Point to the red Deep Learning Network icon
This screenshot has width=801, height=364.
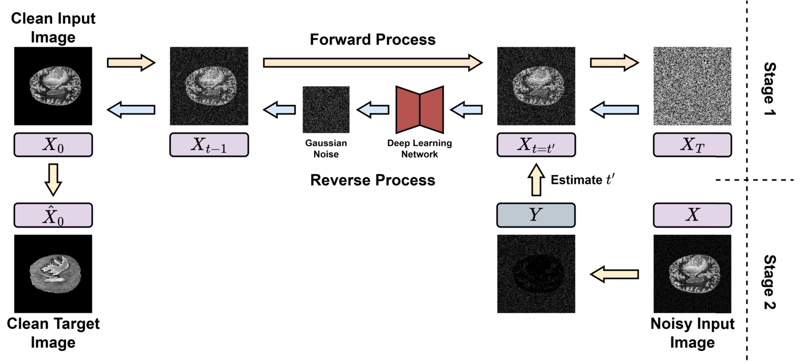[419, 109]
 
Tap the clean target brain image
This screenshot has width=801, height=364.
[53, 274]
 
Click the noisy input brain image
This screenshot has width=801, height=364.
[693, 274]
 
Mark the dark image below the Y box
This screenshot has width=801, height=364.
[536, 274]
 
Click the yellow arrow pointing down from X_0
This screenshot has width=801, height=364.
[53, 178]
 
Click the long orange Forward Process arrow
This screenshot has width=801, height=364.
[372, 62]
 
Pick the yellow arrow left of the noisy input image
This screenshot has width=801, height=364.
[614, 274]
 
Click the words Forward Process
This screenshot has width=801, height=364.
[372, 39]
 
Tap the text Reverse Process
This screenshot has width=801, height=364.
[373, 180]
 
